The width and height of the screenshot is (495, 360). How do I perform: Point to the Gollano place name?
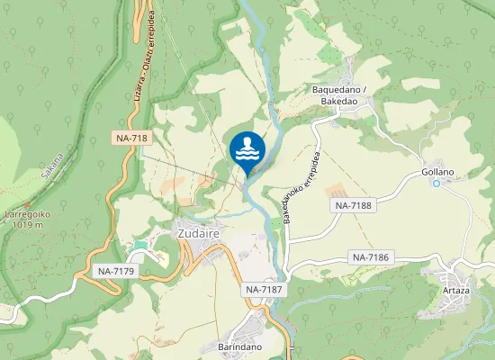[437, 172]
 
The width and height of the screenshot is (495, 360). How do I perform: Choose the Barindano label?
[239, 346]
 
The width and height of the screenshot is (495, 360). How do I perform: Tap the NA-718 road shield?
[131, 139]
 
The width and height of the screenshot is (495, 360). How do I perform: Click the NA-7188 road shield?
[354, 205]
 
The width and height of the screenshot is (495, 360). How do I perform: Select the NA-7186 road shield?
[370, 258]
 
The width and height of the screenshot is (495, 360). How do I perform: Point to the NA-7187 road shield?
[263, 290]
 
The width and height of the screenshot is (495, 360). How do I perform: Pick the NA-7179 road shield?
[115, 271]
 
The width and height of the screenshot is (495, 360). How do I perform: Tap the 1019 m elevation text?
[30, 227]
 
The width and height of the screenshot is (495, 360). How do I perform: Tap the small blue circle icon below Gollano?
[436, 184]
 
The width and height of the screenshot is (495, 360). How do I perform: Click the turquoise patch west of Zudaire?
[139, 245]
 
